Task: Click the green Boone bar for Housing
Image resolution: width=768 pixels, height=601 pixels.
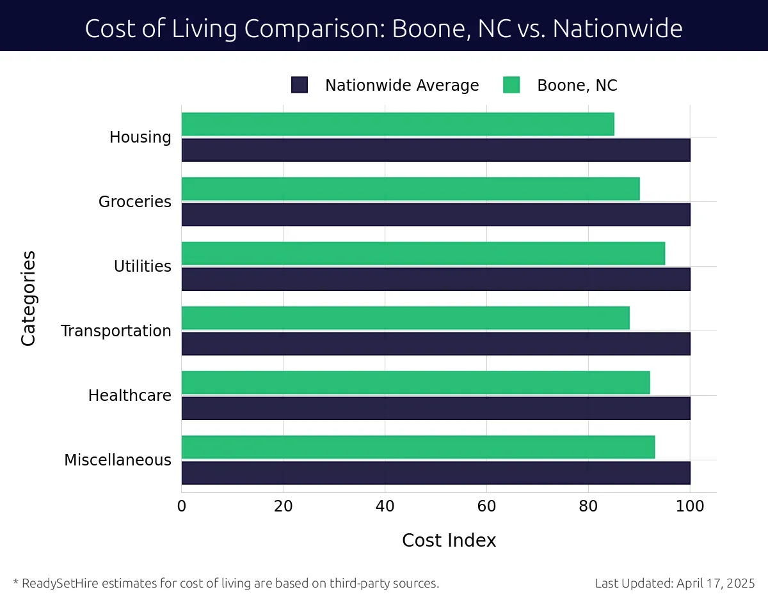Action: (397, 124)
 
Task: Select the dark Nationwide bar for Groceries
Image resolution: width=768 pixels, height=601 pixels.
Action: (435, 214)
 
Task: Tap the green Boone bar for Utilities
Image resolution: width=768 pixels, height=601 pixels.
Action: (423, 253)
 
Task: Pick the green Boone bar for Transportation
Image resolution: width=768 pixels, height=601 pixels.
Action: (405, 318)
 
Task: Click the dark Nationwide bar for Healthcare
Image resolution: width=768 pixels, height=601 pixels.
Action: (435, 408)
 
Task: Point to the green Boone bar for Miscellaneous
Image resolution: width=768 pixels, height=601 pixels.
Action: (418, 447)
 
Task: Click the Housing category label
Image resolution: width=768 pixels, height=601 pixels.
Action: (140, 137)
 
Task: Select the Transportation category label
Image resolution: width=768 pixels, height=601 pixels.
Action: (116, 331)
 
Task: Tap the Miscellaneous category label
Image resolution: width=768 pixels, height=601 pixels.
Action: (118, 460)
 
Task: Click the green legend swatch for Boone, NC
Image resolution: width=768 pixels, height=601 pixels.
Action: (511, 85)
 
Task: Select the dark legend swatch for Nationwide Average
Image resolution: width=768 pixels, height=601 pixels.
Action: (300, 85)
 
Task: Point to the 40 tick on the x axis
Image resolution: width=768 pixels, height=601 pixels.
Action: (385, 506)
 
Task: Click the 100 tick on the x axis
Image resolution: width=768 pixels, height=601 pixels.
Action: (690, 506)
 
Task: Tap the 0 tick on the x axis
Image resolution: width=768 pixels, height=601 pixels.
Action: (182, 506)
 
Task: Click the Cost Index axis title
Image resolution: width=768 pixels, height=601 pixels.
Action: (449, 541)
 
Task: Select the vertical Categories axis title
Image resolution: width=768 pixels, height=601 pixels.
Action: (28, 299)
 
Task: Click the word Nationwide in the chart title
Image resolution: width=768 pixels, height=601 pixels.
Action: (618, 29)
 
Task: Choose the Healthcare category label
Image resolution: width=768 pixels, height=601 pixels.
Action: (130, 396)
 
